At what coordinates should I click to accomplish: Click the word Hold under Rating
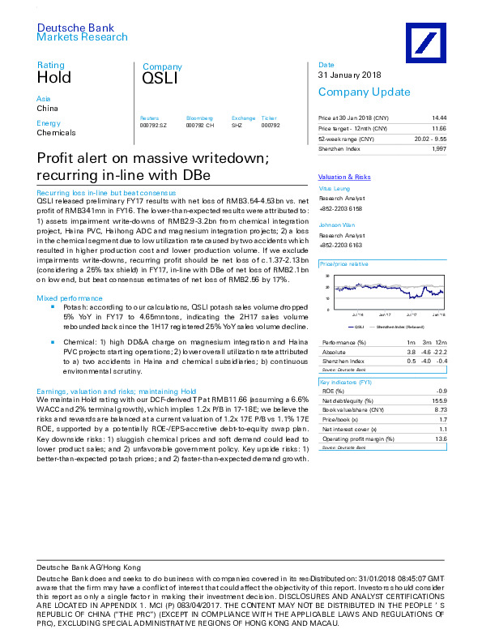(x=54, y=79)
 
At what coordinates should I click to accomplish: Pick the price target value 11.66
(x=438, y=129)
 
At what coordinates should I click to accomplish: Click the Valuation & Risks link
(x=344, y=177)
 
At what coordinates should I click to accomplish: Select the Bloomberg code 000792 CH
(x=199, y=126)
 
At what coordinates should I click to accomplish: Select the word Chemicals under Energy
(x=57, y=132)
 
